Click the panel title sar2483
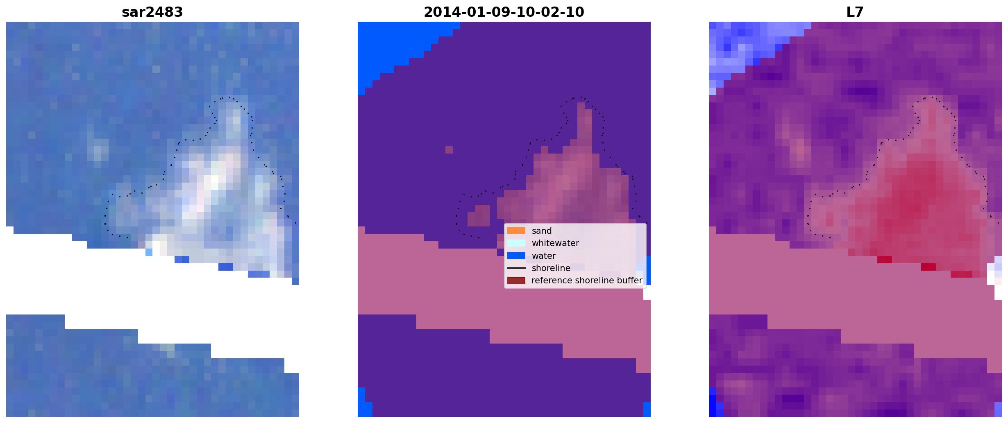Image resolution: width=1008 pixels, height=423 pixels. [152, 12]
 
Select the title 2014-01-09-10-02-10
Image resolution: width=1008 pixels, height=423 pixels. [504, 12]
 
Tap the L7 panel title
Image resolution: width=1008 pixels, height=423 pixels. [855, 12]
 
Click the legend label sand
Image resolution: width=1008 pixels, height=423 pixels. [542, 231]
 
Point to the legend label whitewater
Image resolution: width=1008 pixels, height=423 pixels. [555, 243]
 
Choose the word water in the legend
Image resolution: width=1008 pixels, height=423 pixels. [544, 256]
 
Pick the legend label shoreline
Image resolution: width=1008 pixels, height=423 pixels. [551, 268]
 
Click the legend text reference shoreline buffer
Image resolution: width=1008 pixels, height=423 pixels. [587, 280]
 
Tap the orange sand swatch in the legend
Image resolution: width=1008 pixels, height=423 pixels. [516, 231]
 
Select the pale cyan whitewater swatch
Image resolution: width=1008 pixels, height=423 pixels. [516, 243]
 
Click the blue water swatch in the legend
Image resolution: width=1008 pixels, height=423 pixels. [516, 256]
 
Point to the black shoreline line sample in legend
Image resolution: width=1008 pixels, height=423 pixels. [516, 268]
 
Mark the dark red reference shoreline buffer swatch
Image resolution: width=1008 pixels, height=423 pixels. [516, 280]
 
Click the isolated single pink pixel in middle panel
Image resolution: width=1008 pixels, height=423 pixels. [449, 150]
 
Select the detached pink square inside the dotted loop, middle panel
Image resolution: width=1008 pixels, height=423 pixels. [479, 216]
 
